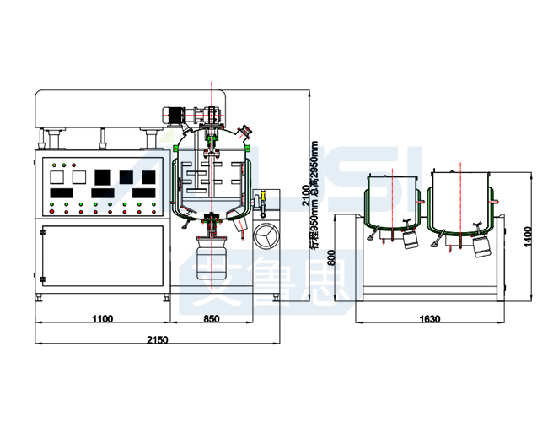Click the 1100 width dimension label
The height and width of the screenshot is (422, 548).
click(x=101, y=319)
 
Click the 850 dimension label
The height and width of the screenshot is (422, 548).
click(x=211, y=319)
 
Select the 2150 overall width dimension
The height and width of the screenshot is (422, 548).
click(x=157, y=339)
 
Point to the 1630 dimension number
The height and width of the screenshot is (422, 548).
click(x=429, y=319)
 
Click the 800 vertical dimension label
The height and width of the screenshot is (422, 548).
click(x=330, y=258)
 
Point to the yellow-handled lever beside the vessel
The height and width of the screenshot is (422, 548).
click(x=262, y=202)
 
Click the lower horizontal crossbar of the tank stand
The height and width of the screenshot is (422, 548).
click(x=429, y=284)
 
